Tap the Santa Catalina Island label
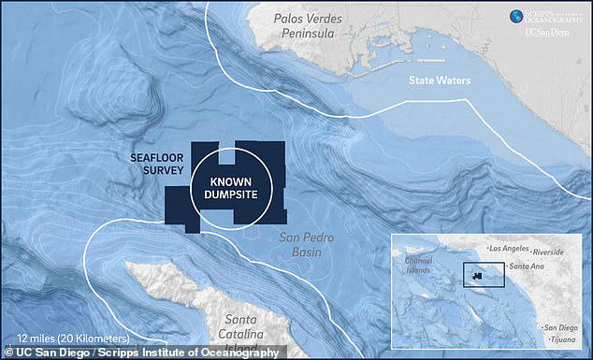238,326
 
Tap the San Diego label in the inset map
558,327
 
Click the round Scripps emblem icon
515,16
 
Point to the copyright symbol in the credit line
7,352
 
